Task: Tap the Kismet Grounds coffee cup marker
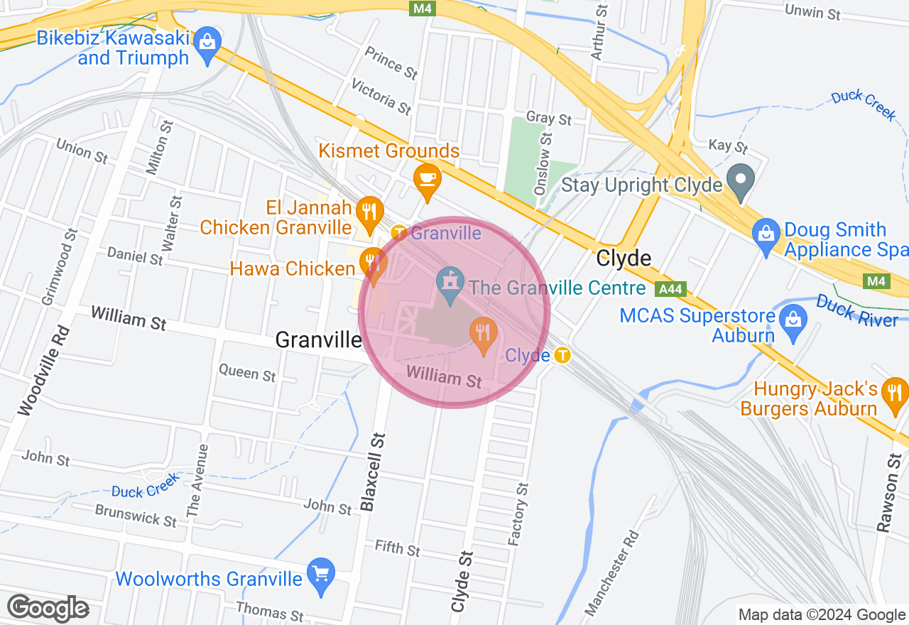click(x=428, y=178)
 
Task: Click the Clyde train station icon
click(x=562, y=354)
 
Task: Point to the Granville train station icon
click(x=400, y=232)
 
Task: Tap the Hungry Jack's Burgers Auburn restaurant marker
click(x=893, y=393)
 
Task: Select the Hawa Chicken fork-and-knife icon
click(x=371, y=262)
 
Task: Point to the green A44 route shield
click(x=671, y=289)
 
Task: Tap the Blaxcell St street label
click(x=373, y=472)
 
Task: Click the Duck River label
click(x=856, y=311)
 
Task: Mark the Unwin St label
click(x=812, y=13)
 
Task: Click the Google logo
click(x=48, y=608)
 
